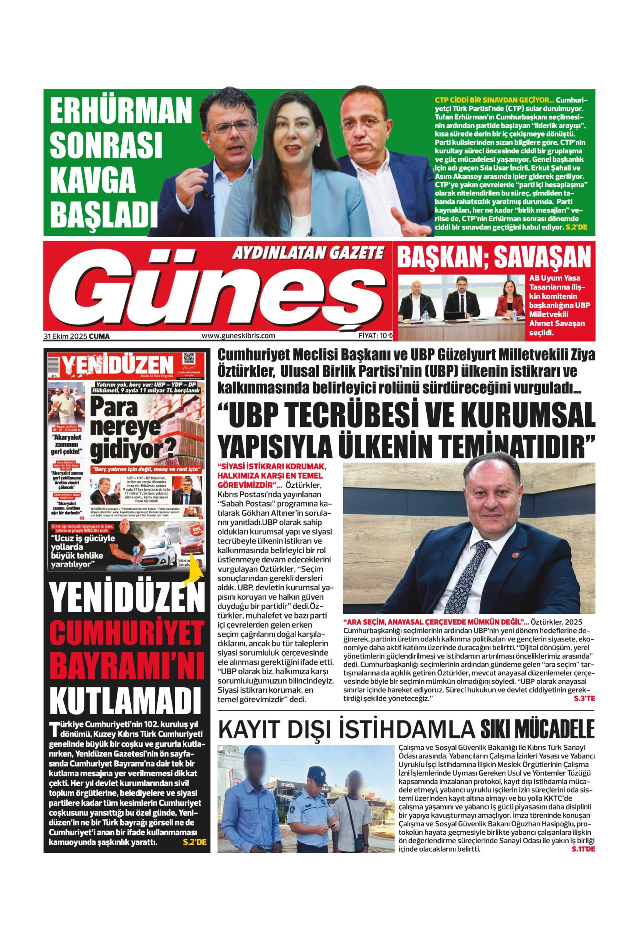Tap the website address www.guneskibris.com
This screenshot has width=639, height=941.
pyautogui.click(x=238, y=335)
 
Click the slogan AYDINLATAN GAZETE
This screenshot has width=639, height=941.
pyautogui.click(x=307, y=254)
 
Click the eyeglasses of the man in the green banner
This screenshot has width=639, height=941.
pyautogui.click(x=231, y=128)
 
